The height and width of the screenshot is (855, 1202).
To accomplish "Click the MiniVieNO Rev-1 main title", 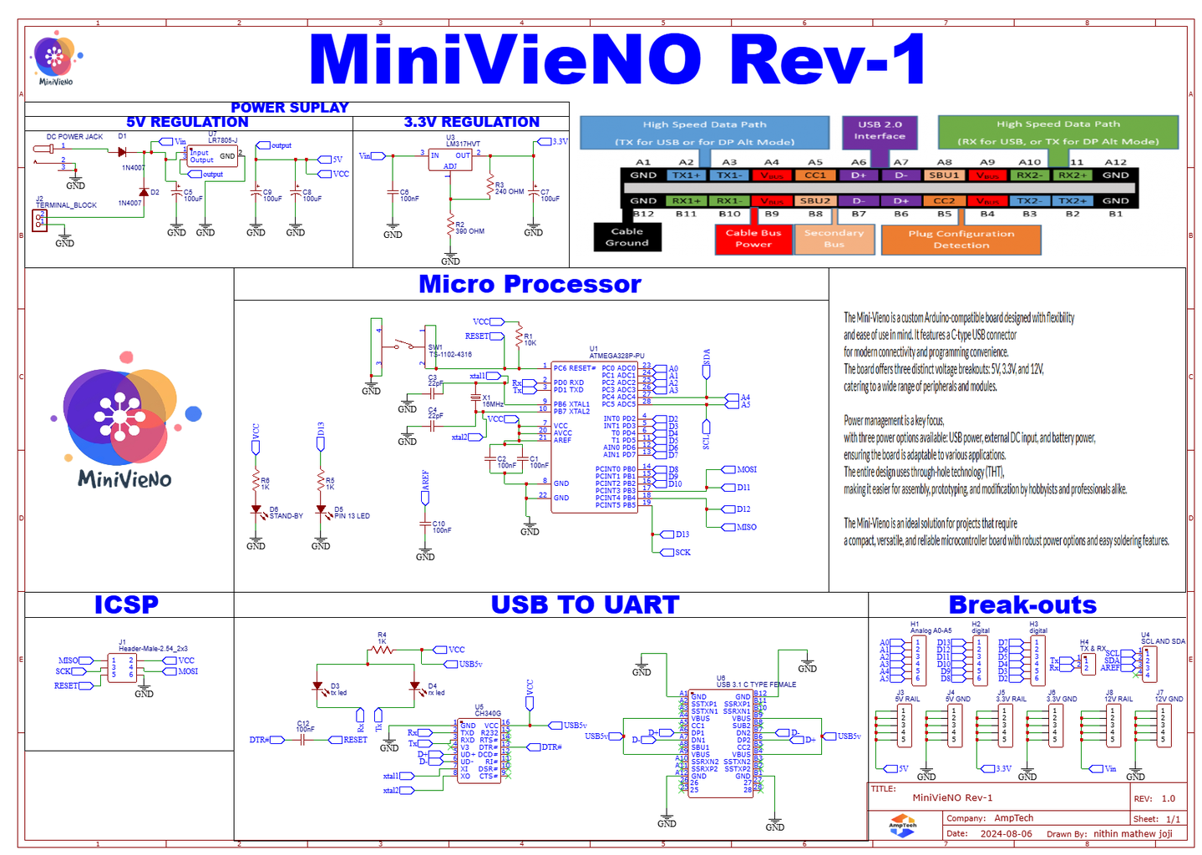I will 616,59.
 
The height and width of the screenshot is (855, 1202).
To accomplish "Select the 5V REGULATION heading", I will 187,122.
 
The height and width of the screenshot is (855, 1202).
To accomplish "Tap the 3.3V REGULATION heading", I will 471,122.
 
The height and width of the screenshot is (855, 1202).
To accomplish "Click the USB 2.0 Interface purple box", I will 880,130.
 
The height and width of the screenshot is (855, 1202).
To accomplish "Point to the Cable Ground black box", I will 626,237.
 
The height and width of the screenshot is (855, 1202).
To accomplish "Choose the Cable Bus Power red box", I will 753,239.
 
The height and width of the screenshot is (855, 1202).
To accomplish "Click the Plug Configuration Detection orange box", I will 961,240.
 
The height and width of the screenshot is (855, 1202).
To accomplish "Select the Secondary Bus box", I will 834,239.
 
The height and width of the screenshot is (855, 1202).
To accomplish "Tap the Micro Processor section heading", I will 530,284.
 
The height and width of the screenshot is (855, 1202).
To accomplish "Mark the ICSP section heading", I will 126,605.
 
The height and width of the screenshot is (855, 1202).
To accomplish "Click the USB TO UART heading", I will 585,605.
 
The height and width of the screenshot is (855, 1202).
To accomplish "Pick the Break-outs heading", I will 1022,605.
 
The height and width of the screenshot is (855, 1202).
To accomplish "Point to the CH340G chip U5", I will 479,750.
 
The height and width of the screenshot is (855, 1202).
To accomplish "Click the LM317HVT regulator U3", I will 450,159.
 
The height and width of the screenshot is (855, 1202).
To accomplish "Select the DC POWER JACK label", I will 74,136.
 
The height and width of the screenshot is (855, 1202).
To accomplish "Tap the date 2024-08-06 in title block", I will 1006,833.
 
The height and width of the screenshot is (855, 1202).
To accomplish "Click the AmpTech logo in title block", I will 902,826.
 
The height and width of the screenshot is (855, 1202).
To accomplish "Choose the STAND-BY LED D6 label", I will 286,516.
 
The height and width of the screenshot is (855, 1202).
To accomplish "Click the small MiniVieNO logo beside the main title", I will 55,59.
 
